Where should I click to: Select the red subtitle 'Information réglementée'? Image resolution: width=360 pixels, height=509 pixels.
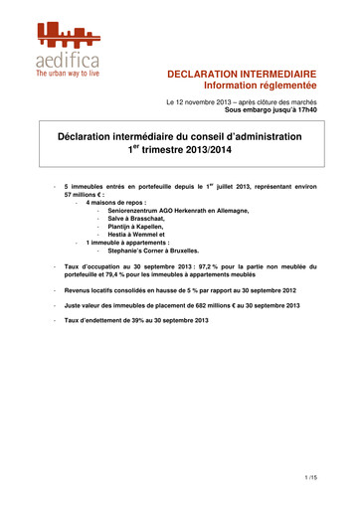tap(260, 86)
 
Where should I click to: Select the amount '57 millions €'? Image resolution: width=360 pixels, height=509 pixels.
tap(88, 196)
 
